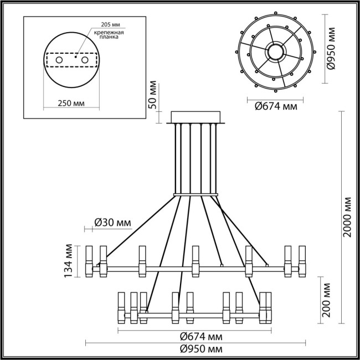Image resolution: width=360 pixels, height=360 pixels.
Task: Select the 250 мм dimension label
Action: [x=71, y=104]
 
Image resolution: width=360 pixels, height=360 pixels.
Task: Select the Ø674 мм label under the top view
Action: [x=273, y=106]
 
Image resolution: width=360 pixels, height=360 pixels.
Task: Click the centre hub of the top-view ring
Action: [x=275, y=53]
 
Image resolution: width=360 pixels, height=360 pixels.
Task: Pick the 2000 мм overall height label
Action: [x=347, y=216]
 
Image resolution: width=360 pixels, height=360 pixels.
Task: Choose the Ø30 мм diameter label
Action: [x=113, y=223]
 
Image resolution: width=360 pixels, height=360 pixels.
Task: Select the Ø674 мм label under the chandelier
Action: [x=198, y=337]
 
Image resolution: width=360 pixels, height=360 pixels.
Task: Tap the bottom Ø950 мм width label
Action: [x=198, y=349]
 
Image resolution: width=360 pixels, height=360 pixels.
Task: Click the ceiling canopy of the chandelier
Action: [x=197, y=118]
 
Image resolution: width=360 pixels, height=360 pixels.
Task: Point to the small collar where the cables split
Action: [x=197, y=194]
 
